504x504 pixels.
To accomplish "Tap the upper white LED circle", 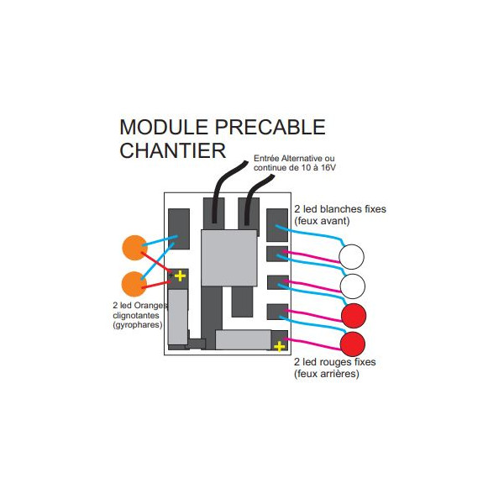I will pos(351,256).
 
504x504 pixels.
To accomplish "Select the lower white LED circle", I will pos(351,286).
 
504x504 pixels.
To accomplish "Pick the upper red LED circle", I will pos(354,315).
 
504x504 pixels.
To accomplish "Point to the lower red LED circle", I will pos(354,344).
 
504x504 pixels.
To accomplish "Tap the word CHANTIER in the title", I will pos(173,151).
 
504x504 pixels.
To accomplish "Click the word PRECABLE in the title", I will pos(271,128).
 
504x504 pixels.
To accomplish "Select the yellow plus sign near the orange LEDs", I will pos(180,276).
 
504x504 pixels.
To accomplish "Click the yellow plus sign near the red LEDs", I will pos(280,345).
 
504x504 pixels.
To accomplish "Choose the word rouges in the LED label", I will pos(337,363).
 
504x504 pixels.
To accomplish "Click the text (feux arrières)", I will pos(327,374).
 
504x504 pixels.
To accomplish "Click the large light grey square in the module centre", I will pos(228,256).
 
